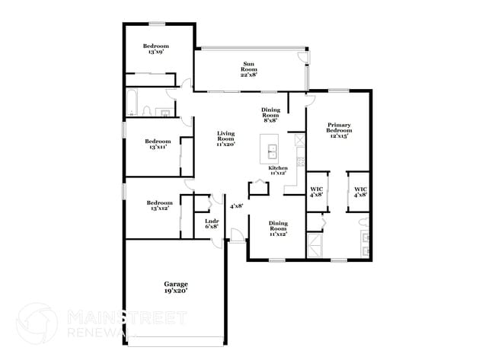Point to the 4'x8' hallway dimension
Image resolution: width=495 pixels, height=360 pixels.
coord(237,205)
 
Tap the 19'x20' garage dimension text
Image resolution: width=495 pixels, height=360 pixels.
coord(176,291)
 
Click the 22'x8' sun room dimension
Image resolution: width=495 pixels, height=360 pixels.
coord(249,75)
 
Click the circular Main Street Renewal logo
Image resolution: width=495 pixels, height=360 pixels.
coord(37,323)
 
